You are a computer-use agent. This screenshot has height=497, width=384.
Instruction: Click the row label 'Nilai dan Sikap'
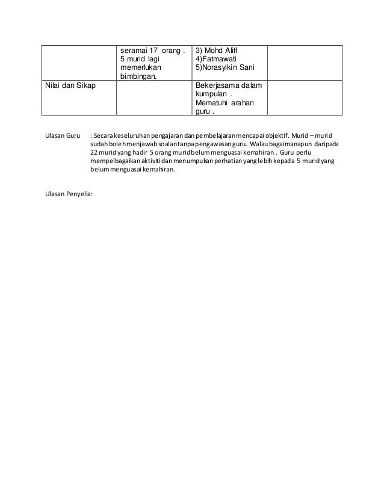pos(69,86)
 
